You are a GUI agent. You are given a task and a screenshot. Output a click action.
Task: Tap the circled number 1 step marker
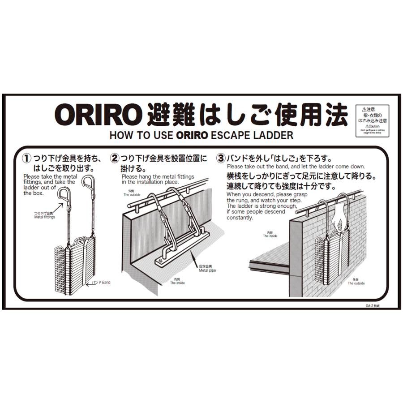pos(27,159)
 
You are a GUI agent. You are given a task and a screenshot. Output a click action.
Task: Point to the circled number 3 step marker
pos(221,159)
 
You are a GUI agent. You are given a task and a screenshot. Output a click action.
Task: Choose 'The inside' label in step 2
pos(177,281)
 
